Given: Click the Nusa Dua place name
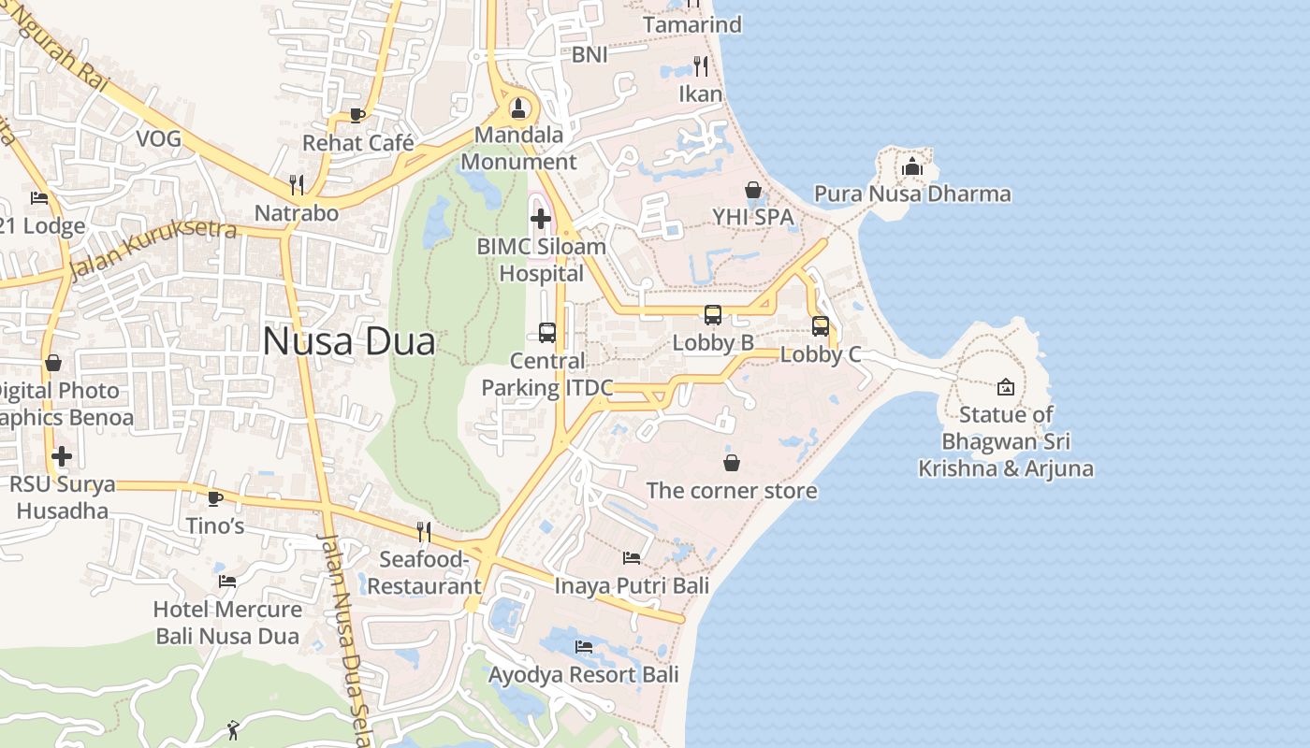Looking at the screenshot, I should pyautogui.click(x=348, y=341).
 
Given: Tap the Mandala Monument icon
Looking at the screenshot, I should pyautogui.click(x=518, y=108).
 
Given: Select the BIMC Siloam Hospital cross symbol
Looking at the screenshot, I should pyautogui.click(x=541, y=219).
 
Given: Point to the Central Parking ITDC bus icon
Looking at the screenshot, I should pyautogui.click(x=547, y=333).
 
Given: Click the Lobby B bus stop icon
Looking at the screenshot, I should pyautogui.click(x=713, y=315).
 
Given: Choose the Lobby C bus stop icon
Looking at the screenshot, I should pyautogui.click(x=821, y=326).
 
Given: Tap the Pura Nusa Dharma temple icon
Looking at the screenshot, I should pyautogui.click(x=912, y=167).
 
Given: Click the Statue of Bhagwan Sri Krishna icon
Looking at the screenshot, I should pyautogui.click(x=1006, y=387).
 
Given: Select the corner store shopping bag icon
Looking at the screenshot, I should pyautogui.click(x=732, y=463).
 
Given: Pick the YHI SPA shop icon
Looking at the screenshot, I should pyautogui.click(x=753, y=190).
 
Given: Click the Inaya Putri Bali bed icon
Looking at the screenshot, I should pyautogui.click(x=632, y=558).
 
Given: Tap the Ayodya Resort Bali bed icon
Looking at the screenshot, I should pyautogui.click(x=584, y=647).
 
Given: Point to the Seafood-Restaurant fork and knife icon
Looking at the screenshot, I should pyautogui.click(x=424, y=532).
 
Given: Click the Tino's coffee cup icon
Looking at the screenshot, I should pyautogui.click(x=214, y=498).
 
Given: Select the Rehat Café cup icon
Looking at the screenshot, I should pyautogui.click(x=357, y=115).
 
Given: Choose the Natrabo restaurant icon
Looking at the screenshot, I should pyautogui.click(x=297, y=184).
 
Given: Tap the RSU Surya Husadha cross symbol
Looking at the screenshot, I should pyautogui.click(x=62, y=456).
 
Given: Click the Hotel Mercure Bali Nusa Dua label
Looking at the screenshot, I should pyautogui.click(x=227, y=623).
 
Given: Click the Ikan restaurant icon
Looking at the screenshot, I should pyautogui.click(x=700, y=66).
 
